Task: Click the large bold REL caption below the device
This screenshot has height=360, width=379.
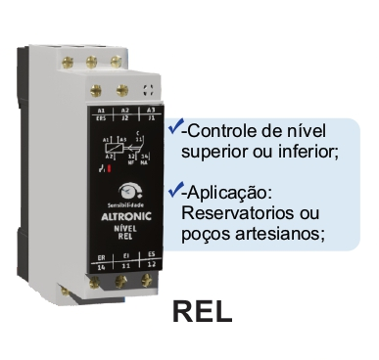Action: (202, 311)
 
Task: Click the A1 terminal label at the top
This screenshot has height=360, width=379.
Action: (102, 112)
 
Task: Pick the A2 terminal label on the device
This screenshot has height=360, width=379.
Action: (125, 112)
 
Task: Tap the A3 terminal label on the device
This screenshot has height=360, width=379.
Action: (150, 113)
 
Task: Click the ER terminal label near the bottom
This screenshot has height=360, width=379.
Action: (101, 256)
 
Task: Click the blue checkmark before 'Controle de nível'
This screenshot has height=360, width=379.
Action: (174, 127)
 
